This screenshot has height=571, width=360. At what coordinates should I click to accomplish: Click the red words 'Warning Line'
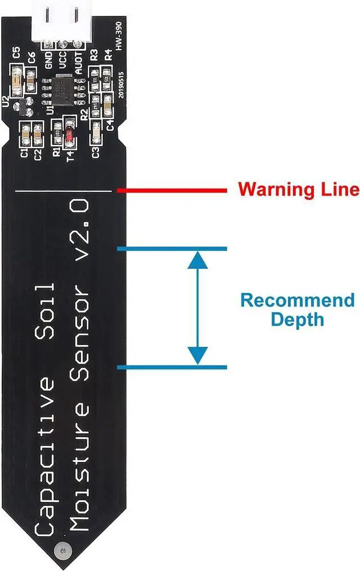[298, 189]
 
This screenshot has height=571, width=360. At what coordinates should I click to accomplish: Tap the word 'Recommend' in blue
[298, 300]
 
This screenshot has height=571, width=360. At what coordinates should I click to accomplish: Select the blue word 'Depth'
[298, 320]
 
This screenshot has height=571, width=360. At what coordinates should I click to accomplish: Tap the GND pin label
[49, 59]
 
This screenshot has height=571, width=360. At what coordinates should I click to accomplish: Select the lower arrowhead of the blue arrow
[197, 356]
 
